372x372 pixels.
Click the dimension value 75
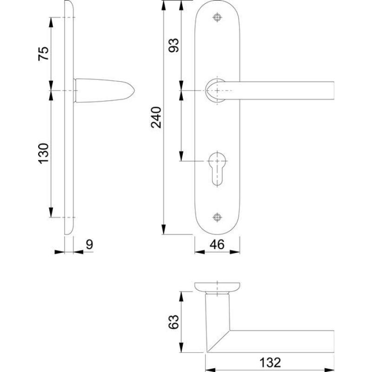43,53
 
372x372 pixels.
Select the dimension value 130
43,153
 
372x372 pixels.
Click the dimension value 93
173,46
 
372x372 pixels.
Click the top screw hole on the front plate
217,17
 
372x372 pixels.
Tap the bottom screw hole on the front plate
217,218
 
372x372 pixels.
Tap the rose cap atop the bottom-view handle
217,286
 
